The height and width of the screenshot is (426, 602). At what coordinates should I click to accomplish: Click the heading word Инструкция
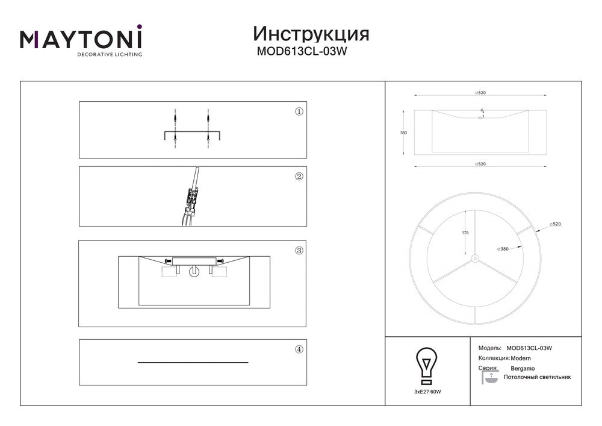pos(311,34)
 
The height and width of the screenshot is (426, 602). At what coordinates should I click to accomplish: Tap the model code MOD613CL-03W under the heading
pos(302,51)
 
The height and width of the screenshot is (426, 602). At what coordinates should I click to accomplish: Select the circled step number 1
pos(299,111)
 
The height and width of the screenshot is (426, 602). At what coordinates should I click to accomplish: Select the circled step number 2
pos(299,177)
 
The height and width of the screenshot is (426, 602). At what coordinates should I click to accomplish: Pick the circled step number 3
pos(299,251)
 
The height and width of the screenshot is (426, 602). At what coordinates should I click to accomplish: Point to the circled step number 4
pos(299,349)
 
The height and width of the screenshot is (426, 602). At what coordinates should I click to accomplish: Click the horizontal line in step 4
pos(193,362)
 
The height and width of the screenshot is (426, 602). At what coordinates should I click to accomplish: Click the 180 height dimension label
pos(403,133)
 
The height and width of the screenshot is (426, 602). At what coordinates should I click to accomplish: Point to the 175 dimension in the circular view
pos(465,233)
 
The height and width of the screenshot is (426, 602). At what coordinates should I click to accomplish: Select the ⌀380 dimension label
pos(503,249)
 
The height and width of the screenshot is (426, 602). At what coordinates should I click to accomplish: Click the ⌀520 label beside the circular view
pos(555,224)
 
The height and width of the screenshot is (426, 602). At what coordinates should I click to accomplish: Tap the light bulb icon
pos(427,366)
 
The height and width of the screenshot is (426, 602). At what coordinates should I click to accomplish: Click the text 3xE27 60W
pos(427,392)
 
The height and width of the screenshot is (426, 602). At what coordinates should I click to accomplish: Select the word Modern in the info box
pos(521,359)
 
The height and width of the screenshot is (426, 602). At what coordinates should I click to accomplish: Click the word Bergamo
pos(523,368)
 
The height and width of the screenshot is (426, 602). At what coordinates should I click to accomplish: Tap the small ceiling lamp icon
pos(489,378)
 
